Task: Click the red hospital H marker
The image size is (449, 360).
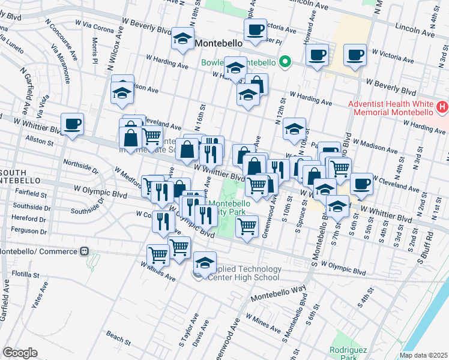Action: pyautogui.click(x=442, y=107)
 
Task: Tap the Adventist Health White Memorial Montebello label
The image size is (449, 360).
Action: pyautogui.click(x=391, y=108)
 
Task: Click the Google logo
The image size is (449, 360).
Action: pyautogui.click(x=20, y=353)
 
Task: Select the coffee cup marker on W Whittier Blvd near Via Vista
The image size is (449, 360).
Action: pyautogui.click(x=72, y=124)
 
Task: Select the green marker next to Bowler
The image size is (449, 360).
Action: pyautogui.click(x=286, y=61)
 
